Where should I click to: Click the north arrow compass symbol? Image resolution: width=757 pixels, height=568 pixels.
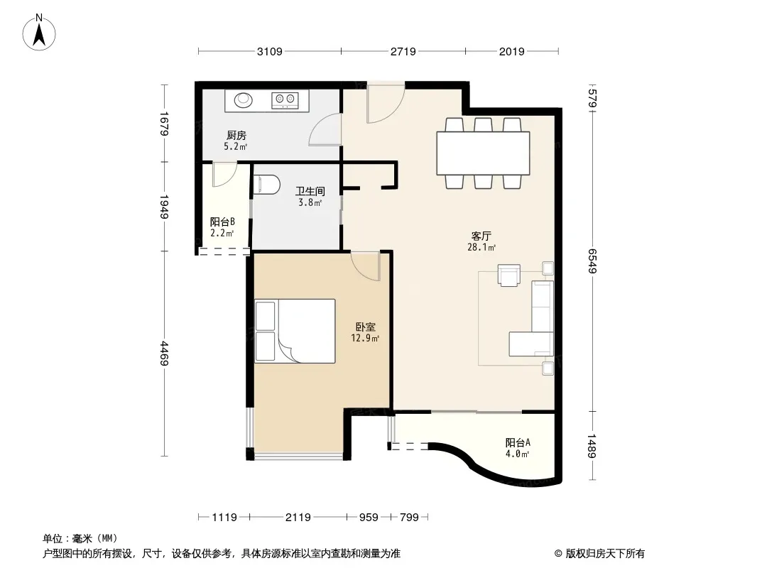[39, 33]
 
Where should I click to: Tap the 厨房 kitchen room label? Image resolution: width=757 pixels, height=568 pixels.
[236, 136]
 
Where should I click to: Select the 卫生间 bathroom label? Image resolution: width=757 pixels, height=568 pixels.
[310, 192]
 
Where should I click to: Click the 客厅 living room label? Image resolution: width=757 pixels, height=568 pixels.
[481, 236]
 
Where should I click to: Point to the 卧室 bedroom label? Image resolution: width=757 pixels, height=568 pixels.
[366, 327]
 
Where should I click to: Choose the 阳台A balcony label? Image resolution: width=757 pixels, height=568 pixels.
[518, 442]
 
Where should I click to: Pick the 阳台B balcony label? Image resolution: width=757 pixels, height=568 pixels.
[222, 222]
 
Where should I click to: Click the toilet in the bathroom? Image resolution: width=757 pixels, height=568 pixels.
[266, 185]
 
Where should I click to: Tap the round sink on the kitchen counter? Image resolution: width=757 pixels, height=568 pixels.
[244, 100]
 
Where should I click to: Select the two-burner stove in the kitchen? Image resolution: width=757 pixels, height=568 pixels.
[285, 100]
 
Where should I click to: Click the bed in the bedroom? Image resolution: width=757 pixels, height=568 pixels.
[295, 331]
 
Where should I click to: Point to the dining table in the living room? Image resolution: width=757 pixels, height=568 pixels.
[483, 153]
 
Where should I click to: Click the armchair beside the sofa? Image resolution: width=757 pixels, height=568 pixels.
[509, 275]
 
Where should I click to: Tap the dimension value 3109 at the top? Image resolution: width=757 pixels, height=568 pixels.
[269, 51]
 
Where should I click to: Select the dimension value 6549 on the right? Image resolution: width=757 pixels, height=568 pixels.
[592, 261]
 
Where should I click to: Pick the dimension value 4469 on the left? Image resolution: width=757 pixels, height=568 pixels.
[165, 354]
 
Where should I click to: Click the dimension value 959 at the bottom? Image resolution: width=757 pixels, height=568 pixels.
[369, 518]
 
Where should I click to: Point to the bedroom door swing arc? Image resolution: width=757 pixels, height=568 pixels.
[366, 266]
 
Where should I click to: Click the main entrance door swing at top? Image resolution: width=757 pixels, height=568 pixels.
[386, 103]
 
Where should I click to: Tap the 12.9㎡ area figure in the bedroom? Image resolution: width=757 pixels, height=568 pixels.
[366, 338]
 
